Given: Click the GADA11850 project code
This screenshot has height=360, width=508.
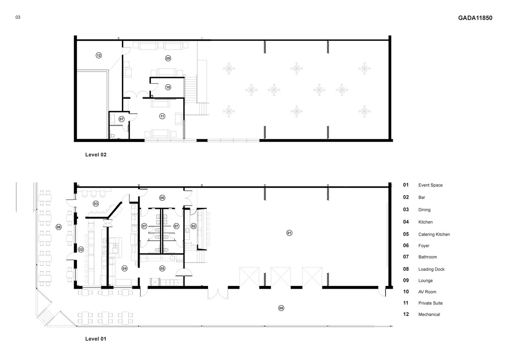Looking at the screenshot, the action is click(475, 18).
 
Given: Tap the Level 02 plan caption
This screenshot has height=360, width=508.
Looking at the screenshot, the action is click(96, 155).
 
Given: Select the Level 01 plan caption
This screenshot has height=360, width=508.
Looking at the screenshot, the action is click(96, 339).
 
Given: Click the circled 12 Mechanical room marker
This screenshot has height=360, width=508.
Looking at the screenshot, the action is click(99, 55).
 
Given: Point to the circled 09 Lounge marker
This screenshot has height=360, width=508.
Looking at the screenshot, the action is click(168, 58).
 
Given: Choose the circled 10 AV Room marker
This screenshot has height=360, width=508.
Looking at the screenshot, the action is click(168, 87).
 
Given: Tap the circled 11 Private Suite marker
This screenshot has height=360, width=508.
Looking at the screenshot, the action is click(162, 116).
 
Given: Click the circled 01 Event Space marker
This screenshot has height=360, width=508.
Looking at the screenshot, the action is click(289, 233).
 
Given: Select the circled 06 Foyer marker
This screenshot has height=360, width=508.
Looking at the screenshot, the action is click(162, 198).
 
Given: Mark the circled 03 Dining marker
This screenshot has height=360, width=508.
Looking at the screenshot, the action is click(96, 204).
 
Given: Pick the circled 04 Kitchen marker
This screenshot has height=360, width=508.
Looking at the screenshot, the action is click(124, 268).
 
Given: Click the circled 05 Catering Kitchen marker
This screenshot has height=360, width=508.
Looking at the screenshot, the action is click(162, 268).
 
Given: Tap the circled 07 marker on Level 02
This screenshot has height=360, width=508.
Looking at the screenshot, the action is click(121, 119).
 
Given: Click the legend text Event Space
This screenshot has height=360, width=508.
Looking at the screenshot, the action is click(430, 185).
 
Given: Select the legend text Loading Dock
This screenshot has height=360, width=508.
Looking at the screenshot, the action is click(431, 269).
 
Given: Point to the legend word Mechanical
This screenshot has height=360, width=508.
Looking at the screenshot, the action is click(429, 314).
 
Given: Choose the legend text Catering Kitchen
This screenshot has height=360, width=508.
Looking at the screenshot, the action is click(434, 234).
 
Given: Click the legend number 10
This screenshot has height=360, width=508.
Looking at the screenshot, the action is click(406, 292).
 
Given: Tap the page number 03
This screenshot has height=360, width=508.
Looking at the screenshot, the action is click(18, 17).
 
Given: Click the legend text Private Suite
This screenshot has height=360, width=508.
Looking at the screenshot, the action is click(430, 303).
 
